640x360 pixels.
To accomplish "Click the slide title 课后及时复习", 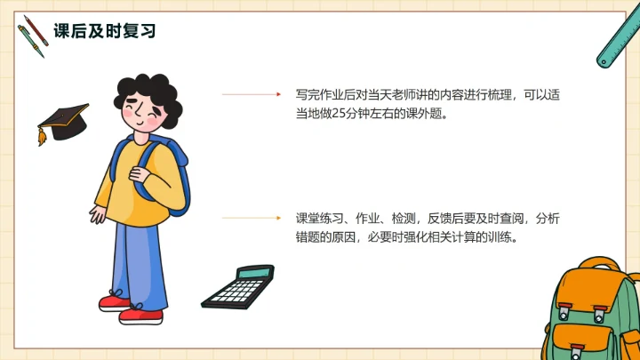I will click(x=105, y=31).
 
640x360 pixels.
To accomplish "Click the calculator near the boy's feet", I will click(x=237, y=286).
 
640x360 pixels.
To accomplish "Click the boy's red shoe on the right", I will click(x=140, y=314).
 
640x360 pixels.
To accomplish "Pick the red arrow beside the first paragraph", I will click(x=250, y=94).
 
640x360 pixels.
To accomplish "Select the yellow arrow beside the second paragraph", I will click(x=250, y=218).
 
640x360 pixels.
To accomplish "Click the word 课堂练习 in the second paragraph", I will click(x=318, y=219).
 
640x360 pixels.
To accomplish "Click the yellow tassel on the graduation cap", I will click(x=41, y=137).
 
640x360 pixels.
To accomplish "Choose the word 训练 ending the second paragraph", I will click(x=503, y=238).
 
